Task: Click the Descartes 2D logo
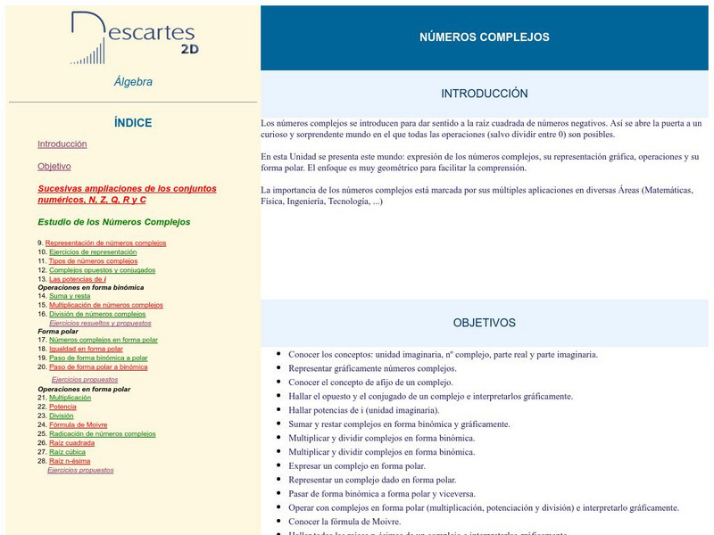[134, 37]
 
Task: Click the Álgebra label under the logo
[133, 82]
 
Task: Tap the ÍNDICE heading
[133, 123]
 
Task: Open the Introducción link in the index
[62, 144]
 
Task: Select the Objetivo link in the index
[54, 167]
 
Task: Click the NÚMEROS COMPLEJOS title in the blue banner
[485, 37]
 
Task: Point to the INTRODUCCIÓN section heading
[485, 94]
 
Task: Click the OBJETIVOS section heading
[485, 323]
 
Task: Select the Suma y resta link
[70, 296]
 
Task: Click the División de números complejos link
[97, 314]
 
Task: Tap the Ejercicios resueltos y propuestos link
[100, 323]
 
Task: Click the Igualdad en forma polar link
[86, 349]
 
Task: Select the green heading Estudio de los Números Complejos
[114, 222]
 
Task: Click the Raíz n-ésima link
[70, 461]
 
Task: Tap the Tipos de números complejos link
[93, 261]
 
